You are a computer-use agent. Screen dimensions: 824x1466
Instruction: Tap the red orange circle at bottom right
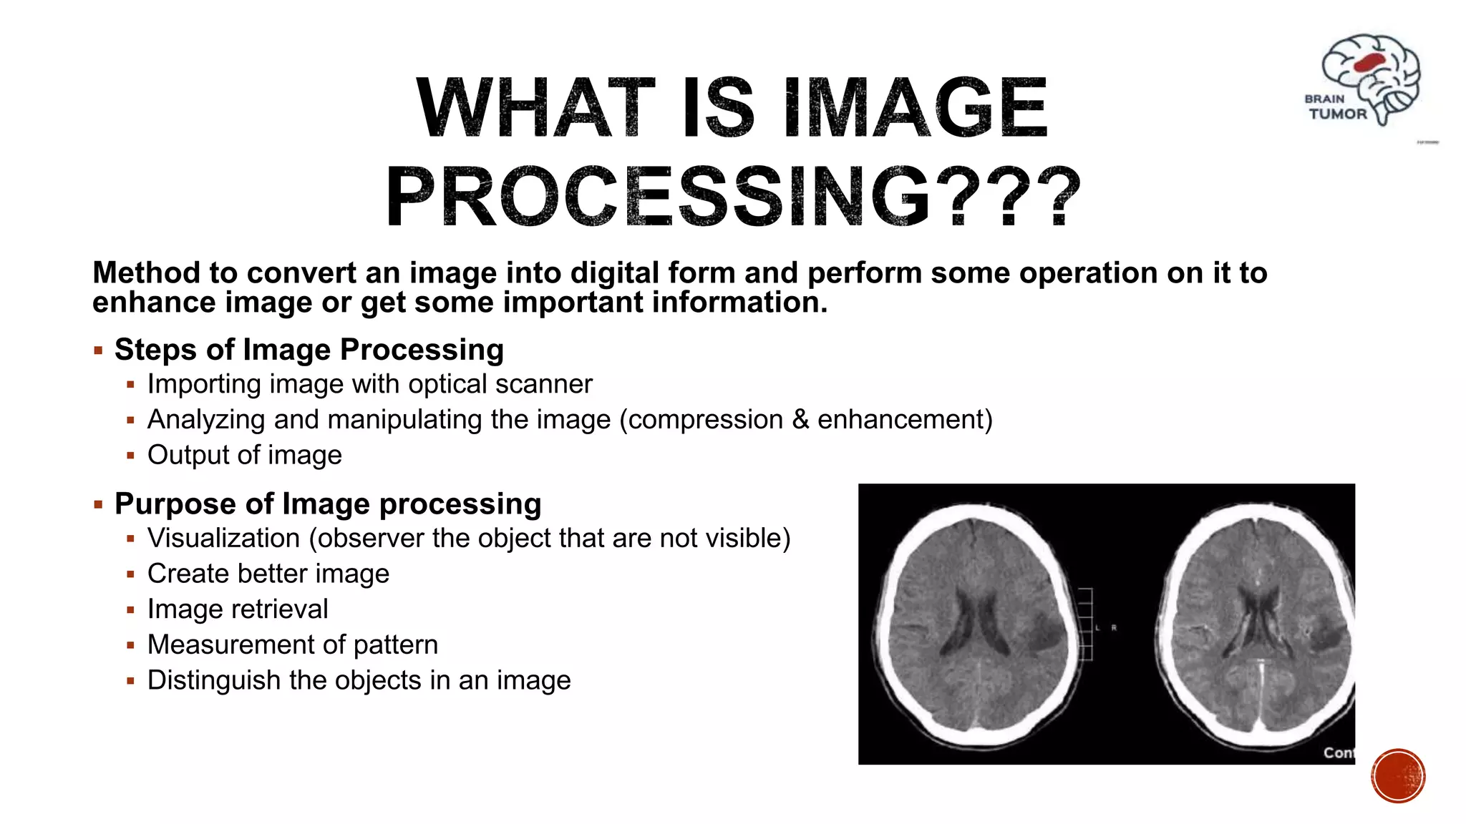[1398, 775]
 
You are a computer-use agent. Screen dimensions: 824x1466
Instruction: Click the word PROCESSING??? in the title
[733, 196]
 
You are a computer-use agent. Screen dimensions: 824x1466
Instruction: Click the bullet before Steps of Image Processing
[99, 351]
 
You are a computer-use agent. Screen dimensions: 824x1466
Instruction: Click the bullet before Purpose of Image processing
[99, 505]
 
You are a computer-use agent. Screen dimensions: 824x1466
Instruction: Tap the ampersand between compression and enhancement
[800, 420]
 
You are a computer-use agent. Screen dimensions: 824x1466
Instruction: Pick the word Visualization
[223, 539]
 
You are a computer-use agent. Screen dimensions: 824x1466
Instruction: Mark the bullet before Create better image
[130, 574]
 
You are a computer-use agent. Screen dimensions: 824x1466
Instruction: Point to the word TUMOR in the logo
[1337, 114]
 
